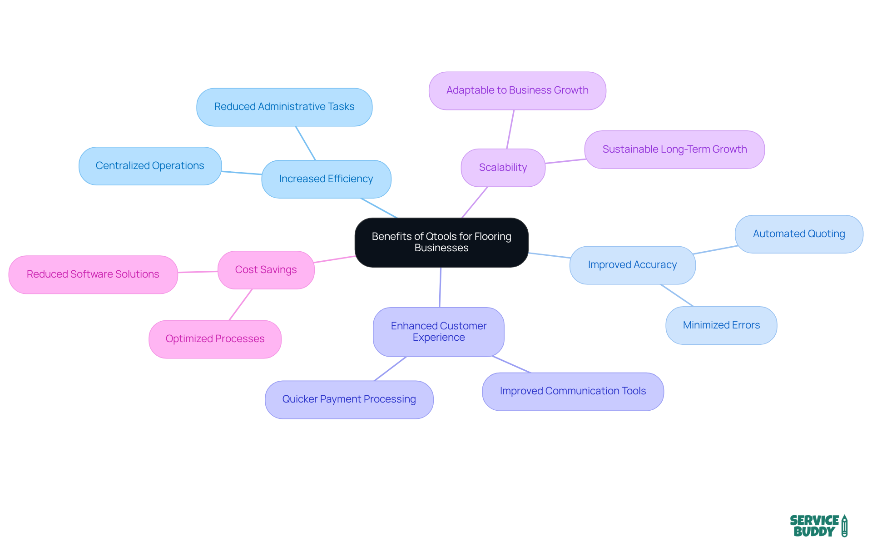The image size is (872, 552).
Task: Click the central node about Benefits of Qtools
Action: coord(441,242)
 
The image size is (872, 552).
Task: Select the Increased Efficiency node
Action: coord(326,179)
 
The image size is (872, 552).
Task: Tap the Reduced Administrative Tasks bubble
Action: coord(284,107)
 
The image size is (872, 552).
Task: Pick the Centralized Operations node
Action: coord(150,166)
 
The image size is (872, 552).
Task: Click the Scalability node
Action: coord(503,168)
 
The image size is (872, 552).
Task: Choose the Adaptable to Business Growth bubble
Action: coord(517,90)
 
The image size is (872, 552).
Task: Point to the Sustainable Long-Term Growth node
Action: coord(674,149)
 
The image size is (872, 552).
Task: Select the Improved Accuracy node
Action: coord(632,265)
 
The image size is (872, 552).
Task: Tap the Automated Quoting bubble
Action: coord(799,234)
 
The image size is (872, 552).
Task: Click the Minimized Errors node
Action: coord(721,325)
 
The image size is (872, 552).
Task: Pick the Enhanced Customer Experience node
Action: coord(438,332)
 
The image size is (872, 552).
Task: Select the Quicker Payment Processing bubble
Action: coord(349,399)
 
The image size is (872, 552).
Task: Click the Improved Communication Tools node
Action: coord(573,391)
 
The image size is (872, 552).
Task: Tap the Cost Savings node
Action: coord(266,270)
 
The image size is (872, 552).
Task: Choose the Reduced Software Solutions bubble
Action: coord(93,274)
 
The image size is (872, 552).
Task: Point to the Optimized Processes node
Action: coord(215,339)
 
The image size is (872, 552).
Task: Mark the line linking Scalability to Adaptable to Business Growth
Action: coord(510,129)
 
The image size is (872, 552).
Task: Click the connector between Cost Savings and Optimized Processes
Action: coord(241,304)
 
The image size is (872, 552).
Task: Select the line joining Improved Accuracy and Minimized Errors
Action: coord(677,295)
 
